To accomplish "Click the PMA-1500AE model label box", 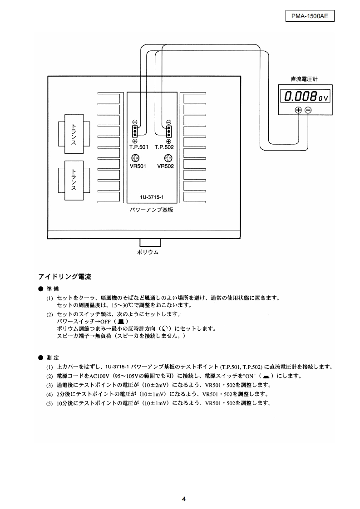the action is coord(309,16).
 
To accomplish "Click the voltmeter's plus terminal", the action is coord(298,110).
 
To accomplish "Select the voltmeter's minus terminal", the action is coord(308,110).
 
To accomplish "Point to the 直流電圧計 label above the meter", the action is coord(304,79).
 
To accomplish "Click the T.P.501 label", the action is coord(139,147).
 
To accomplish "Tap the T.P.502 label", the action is coord(164,147).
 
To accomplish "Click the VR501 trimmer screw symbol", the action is coord(135,158).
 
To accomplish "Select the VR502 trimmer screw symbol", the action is coord(168,158).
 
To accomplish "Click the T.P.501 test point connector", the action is coord(135,132).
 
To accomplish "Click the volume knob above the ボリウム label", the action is coord(150,243).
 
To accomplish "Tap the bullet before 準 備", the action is coord(40,289).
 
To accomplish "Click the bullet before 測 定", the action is coord(40,357).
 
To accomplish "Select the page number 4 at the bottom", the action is coord(184,499).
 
